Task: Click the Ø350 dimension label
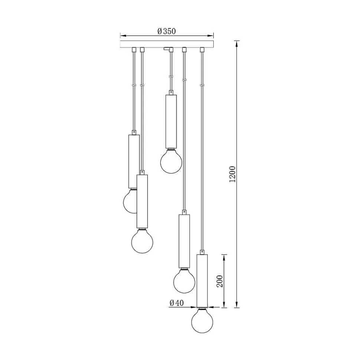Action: pyautogui.click(x=167, y=31)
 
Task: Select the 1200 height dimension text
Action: pyautogui.click(x=232, y=174)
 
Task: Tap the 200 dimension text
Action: pyautogui.click(x=220, y=281)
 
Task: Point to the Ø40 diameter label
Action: pyautogui.click(x=177, y=303)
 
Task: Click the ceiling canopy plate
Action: pyautogui.click(x=167, y=44)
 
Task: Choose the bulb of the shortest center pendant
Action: pyautogui.click(x=171, y=161)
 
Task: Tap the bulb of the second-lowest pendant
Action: pyautogui.click(x=184, y=281)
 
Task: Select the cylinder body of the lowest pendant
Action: pyautogui.click(x=202, y=281)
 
